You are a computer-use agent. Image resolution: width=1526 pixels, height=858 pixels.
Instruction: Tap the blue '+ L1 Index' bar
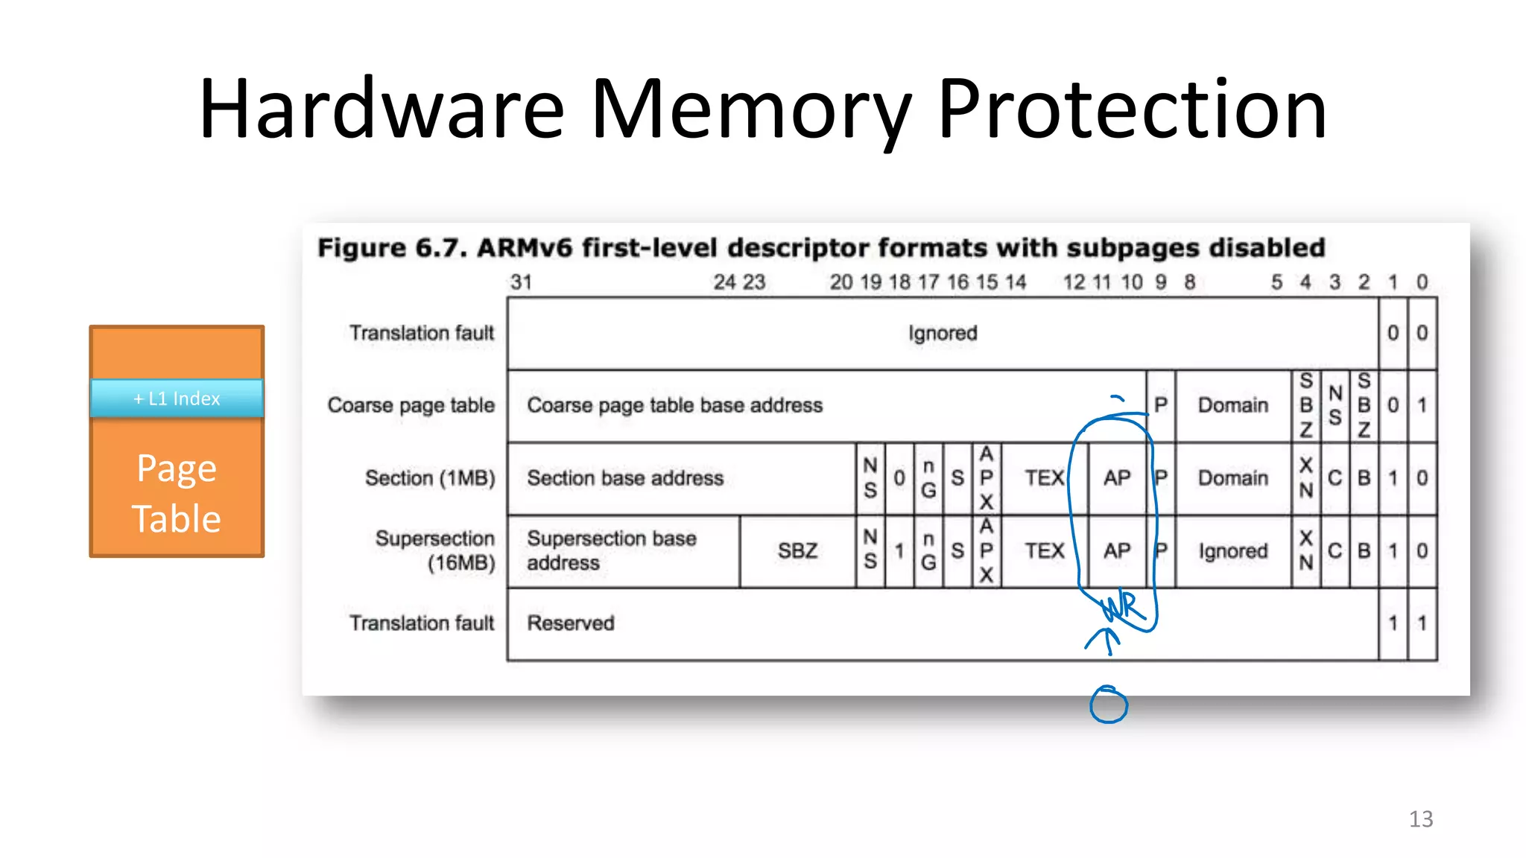[x=177, y=398]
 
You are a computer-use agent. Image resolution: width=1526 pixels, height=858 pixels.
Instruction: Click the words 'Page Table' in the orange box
[x=177, y=493]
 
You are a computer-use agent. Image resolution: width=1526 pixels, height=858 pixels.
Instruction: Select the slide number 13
[x=1420, y=819]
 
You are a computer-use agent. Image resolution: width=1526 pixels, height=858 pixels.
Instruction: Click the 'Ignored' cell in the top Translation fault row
[x=942, y=333]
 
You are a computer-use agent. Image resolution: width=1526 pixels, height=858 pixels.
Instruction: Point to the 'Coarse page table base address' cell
[x=674, y=405]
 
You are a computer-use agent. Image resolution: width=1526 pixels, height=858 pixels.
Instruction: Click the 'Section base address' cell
[x=624, y=478]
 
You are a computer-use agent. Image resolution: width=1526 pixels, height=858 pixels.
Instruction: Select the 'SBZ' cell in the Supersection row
[x=797, y=551]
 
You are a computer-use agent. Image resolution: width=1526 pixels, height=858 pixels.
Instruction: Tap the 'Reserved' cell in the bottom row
[x=571, y=623]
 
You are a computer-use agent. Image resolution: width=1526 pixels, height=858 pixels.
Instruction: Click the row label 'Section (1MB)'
[x=430, y=478]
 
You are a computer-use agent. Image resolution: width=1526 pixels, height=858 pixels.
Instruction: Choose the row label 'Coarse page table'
[x=411, y=405]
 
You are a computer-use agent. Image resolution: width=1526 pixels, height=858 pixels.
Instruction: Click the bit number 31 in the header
[x=521, y=282]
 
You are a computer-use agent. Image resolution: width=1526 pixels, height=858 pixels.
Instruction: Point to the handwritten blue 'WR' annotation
[x=1122, y=607]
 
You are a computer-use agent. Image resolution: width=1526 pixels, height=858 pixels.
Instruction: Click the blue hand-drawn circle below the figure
[x=1108, y=705]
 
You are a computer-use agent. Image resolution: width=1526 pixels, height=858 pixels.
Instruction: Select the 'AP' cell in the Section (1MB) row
[x=1116, y=478]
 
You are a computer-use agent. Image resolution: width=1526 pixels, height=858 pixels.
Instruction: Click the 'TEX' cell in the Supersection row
[x=1044, y=551]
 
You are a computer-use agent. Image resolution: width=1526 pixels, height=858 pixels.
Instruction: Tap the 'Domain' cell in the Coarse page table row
[x=1232, y=405]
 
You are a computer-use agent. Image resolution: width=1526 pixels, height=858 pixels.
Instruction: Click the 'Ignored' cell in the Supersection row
[x=1232, y=551]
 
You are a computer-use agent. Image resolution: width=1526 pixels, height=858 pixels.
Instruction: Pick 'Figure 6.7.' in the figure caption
[x=391, y=248]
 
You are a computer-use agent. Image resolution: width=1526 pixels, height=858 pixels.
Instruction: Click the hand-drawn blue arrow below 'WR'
[x=1105, y=641]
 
